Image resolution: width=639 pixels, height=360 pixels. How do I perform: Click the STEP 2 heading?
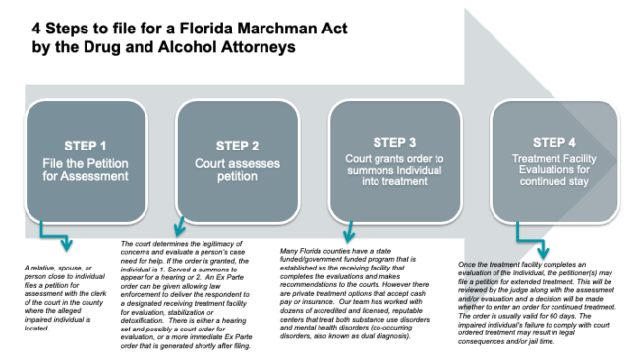(238, 145)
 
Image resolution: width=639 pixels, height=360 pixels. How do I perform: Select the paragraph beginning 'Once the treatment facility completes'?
(541, 300)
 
